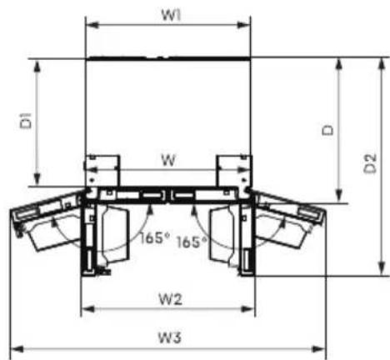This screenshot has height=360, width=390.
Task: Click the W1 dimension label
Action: pyautogui.click(x=171, y=15)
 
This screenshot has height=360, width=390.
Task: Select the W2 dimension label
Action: pyautogui.click(x=170, y=299)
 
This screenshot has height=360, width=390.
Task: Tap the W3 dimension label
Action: pyautogui.click(x=170, y=337)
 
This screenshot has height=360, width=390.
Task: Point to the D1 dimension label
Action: pyautogui.click(x=26, y=120)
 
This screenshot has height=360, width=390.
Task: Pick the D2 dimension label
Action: pyautogui.click(x=370, y=163)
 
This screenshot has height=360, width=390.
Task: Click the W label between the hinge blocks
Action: pyautogui.click(x=168, y=160)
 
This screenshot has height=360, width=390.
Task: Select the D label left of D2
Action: pyautogui.click(x=327, y=130)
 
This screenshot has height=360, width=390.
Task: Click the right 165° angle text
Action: pyautogui.click(x=192, y=242)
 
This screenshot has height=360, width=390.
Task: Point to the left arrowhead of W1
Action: pyautogui.click(x=92, y=25)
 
